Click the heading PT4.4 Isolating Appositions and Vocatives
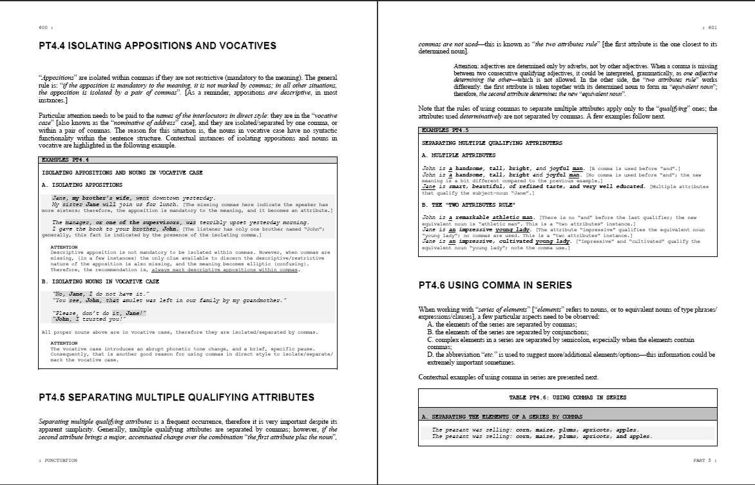point(158,46)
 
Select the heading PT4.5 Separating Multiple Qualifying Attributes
point(177,397)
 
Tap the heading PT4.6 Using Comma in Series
point(495,285)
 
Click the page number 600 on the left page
point(44,28)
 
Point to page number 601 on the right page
point(712,28)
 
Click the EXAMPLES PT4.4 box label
point(65,160)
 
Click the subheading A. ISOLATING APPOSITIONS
point(82,185)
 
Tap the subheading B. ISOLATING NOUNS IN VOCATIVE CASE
point(100,281)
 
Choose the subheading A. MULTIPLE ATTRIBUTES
point(459,155)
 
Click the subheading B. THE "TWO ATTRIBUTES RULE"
point(468,205)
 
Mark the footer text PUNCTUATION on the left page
point(60,461)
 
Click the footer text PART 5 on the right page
point(703,461)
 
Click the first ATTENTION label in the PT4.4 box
point(64,247)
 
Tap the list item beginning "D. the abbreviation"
point(570,354)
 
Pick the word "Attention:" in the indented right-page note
point(467,66)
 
